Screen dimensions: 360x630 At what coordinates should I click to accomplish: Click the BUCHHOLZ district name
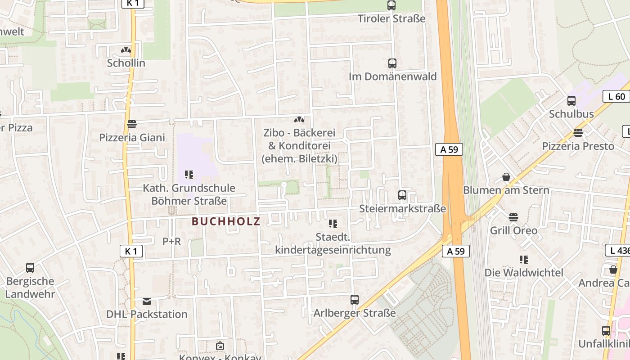[x=226, y=221]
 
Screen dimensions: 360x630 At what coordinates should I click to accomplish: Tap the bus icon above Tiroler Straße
[x=391, y=5]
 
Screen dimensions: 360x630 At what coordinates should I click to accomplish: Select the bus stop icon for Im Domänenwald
[x=392, y=63]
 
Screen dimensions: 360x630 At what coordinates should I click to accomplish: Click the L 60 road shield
[x=616, y=96]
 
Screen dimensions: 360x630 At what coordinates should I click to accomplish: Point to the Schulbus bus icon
[x=571, y=101]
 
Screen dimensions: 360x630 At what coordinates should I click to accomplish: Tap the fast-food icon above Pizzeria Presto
[x=578, y=133]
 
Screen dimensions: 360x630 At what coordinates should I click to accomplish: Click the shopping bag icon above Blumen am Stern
[x=506, y=177]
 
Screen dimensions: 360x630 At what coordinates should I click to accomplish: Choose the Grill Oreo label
[x=513, y=231]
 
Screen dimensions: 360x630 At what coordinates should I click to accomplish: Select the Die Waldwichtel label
[x=524, y=273]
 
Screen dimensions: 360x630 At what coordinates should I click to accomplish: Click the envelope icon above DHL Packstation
[x=147, y=301]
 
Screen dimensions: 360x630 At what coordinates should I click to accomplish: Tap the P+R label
[x=171, y=242]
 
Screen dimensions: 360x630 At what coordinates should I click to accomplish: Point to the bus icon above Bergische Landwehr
[x=30, y=268]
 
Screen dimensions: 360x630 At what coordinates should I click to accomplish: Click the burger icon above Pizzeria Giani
[x=132, y=124]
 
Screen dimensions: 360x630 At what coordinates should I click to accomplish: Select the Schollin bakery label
[x=126, y=63]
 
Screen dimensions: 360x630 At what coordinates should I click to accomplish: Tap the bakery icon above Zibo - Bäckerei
[x=299, y=120]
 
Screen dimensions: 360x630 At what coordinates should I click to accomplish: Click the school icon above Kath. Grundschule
[x=189, y=174]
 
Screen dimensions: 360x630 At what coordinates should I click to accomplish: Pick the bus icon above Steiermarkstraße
[x=402, y=195]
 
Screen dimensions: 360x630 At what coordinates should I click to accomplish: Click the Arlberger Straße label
[x=355, y=313]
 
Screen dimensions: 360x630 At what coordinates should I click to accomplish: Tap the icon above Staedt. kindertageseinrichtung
[x=333, y=223]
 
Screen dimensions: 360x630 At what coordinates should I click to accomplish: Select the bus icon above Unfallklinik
[x=606, y=331]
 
